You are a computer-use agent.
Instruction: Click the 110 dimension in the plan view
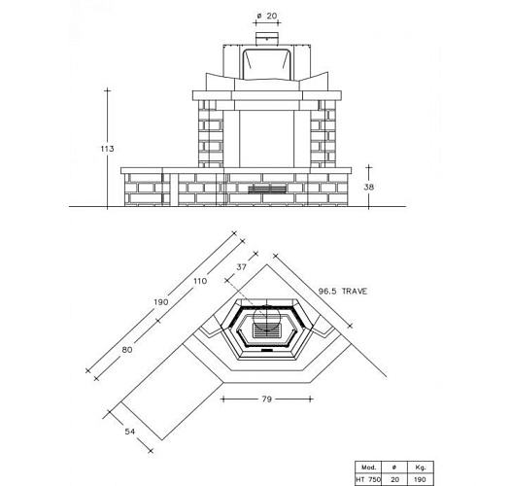pos(200,281)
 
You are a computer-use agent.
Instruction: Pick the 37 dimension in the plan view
pos(242,265)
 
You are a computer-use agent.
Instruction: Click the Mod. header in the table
pos(368,466)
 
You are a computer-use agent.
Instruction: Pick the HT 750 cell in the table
pos(368,478)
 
